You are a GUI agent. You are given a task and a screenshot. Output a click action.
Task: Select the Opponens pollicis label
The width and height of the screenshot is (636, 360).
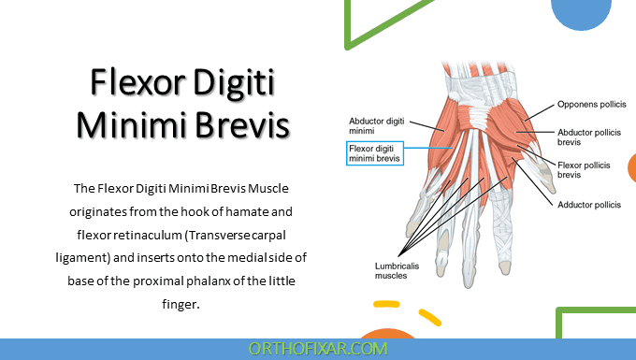pyautogui.click(x=591, y=105)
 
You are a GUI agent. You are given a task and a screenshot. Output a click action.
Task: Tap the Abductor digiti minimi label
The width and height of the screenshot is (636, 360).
pyautogui.click(x=375, y=126)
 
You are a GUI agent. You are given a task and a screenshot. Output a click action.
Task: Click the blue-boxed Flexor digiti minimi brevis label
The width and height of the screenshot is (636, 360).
pyautogui.click(x=374, y=153)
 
